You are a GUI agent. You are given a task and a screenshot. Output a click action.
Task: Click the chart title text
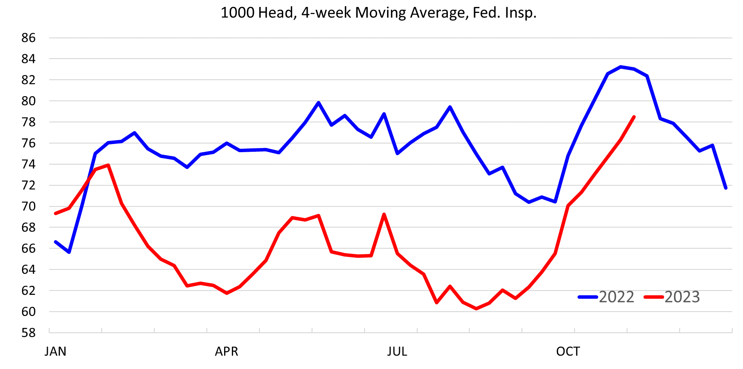(378, 13)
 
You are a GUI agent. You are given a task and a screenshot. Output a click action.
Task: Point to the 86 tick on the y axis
(28, 38)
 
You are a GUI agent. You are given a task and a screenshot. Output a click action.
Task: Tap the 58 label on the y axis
(28, 333)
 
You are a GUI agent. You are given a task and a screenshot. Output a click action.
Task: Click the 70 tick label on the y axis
(28, 206)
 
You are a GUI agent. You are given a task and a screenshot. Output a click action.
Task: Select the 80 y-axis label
(28, 101)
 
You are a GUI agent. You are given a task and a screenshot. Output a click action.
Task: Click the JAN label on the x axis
(55, 352)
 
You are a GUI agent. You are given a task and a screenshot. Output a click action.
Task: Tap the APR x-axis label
(226, 352)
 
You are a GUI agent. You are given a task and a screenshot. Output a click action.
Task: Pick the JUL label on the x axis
(397, 352)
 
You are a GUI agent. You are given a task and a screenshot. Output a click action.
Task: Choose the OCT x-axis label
(568, 352)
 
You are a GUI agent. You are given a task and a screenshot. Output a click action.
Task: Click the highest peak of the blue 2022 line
(621, 67)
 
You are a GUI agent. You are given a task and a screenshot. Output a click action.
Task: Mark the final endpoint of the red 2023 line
(634, 117)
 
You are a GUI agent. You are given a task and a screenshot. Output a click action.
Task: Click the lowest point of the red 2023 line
(476, 309)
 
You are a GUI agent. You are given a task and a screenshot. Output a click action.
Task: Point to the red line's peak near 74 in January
(108, 165)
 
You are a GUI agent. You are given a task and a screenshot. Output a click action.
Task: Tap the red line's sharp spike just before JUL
(384, 214)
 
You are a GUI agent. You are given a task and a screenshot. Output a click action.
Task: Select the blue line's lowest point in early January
(69, 252)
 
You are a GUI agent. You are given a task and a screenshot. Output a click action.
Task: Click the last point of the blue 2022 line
(726, 188)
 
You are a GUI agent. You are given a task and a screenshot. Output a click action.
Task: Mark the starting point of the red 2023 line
(56, 213)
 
